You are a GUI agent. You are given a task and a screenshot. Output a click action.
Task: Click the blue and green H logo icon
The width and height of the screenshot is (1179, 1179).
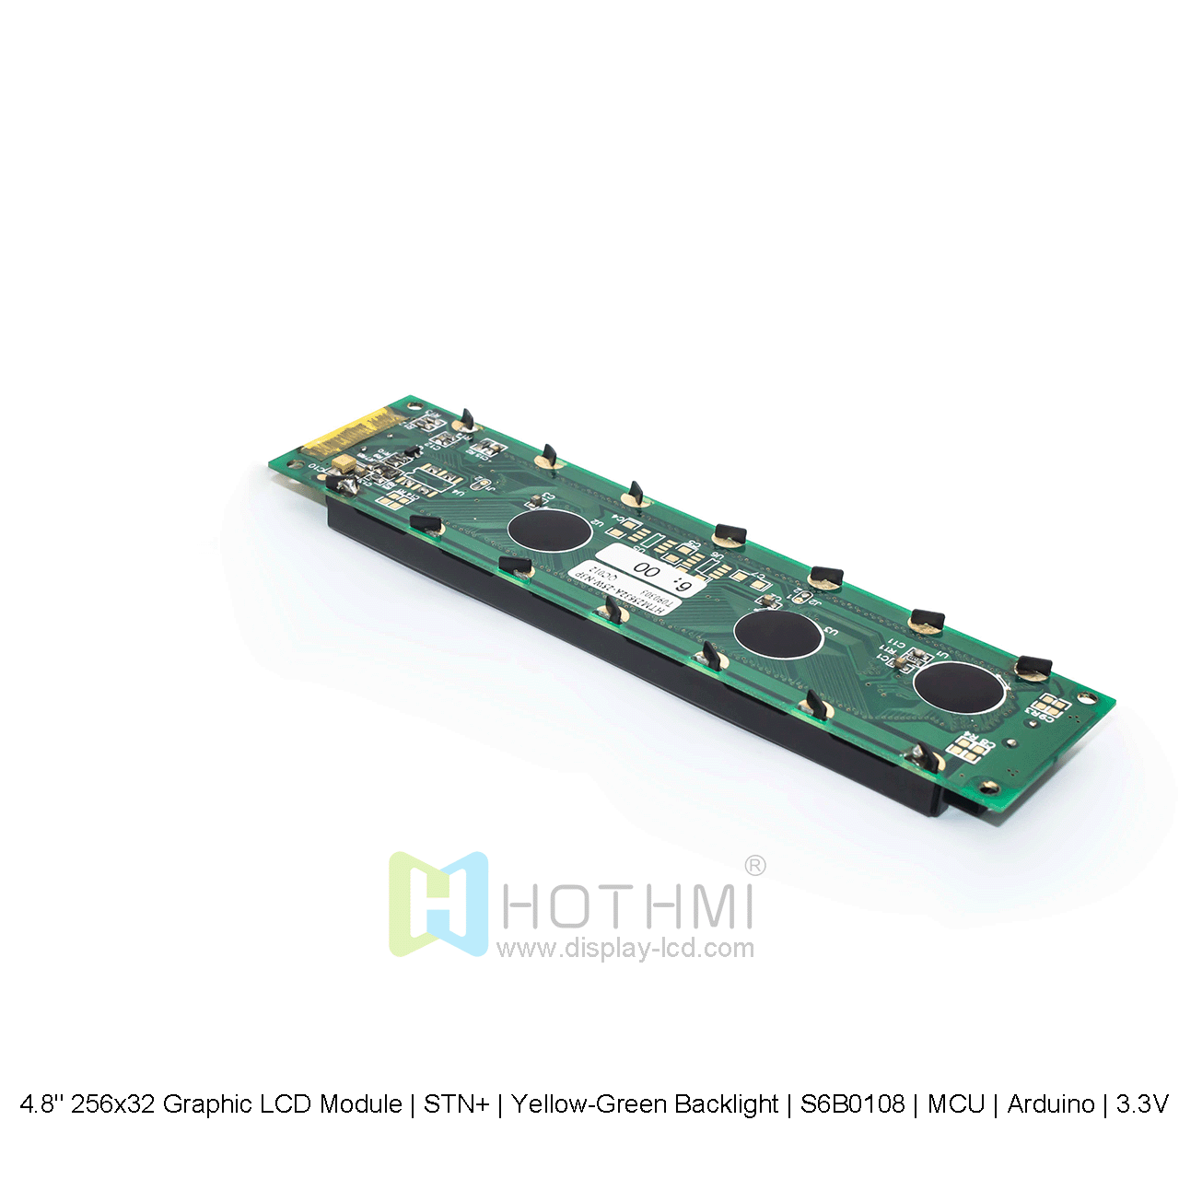tap(438, 904)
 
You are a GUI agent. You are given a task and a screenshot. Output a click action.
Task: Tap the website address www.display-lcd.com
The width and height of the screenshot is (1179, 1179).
tap(625, 948)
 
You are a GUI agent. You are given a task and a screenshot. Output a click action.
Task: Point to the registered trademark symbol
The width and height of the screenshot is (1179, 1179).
tap(754, 865)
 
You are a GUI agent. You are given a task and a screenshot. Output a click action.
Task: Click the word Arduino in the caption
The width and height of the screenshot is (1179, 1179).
tap(1051, 1103)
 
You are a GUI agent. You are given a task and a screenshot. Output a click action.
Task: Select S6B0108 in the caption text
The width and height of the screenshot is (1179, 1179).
tap(852, 1103)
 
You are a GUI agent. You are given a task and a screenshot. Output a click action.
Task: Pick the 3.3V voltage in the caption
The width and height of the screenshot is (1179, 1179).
tap(1142, 1103)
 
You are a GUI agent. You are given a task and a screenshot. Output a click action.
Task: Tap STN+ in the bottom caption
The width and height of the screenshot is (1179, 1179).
tap(456, 1103)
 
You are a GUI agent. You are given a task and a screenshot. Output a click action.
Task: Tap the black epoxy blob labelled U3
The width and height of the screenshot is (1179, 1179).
tap(777, 634)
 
